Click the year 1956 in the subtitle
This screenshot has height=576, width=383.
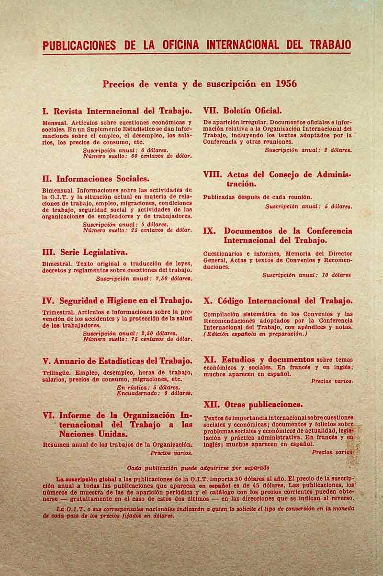point(286,84)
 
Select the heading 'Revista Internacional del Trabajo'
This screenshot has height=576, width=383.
point(123,111)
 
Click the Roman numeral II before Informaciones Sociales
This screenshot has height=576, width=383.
point(47,179)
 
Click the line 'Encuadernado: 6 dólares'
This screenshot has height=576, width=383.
point(154,393)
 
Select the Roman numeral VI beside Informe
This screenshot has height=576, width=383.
point(49,415)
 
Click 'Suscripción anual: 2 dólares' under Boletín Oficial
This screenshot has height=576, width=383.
point(308,150)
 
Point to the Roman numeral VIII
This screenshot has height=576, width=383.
point(213,174)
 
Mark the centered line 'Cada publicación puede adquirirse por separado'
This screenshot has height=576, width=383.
point(198,468)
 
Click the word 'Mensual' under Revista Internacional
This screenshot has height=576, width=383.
point(55,123)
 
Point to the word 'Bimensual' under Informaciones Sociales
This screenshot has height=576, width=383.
point(58,190)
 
